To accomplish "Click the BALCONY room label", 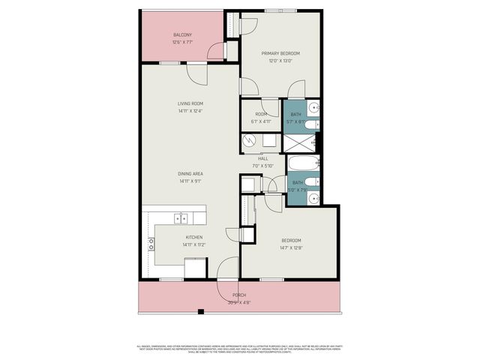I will point(183,35).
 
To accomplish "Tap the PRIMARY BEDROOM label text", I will point(280,53).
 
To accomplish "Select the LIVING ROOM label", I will point(190,103).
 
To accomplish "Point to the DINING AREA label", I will point(190,173).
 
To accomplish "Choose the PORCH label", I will point(239,295).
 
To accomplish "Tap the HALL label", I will point(263,158).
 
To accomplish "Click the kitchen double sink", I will point(181,218).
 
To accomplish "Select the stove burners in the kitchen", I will point(151,243).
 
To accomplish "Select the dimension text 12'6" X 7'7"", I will point(183,42).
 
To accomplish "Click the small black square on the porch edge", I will point(199,310).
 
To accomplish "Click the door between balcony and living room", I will point(197,73).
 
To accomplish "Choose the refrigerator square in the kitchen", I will point(196,268).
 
